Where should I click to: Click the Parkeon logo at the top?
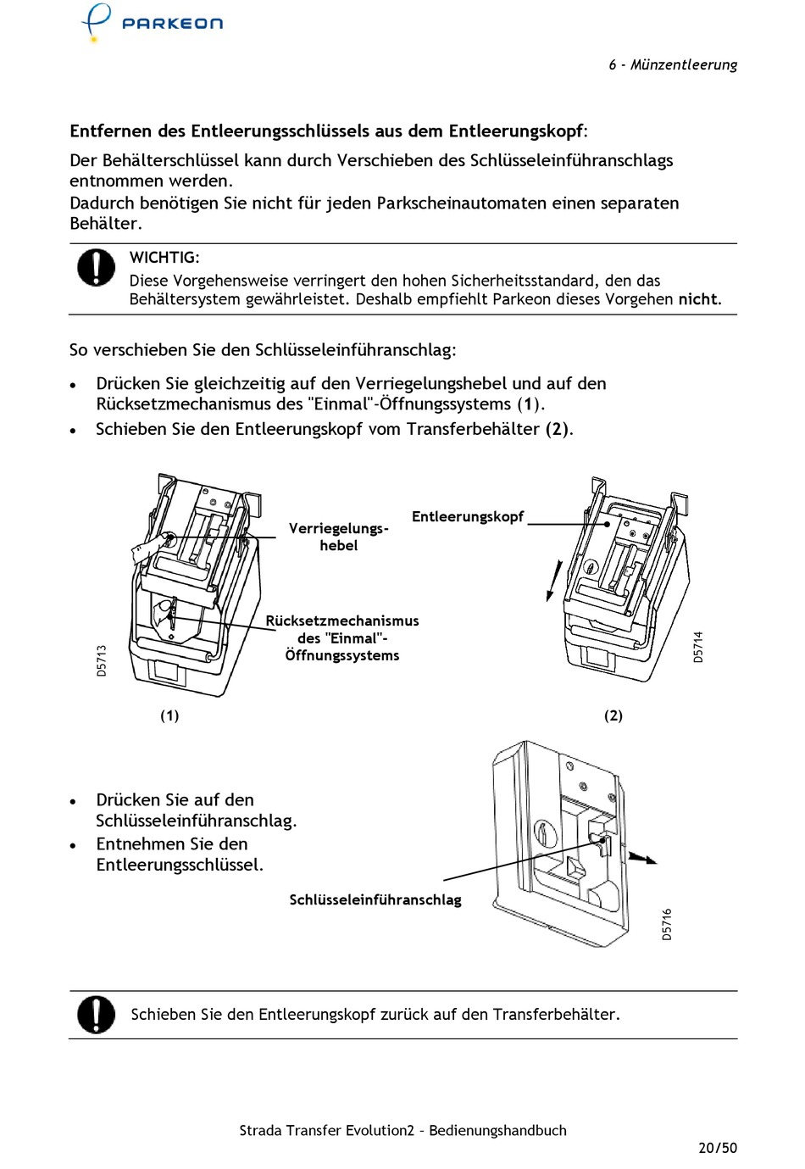pos(153,22)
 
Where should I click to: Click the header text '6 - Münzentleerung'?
pos(672,64)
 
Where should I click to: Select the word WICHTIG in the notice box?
pos(164,257)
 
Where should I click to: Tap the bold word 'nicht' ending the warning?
pos(698,299)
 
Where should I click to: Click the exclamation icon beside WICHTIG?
pos(97,267)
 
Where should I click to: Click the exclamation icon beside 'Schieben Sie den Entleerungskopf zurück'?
pos(97,1014)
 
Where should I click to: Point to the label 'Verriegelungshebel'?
pos(338,537)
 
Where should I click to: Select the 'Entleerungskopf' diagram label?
pos(467,516)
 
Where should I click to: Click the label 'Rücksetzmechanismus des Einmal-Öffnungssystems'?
pos(341,637)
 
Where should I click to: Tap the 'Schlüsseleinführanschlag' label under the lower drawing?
pos(375,899)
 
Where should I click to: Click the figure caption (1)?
pos(169,715)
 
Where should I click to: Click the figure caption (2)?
pos(613,715)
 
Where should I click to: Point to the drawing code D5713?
pos(102,660)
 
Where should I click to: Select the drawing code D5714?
pos(698,647)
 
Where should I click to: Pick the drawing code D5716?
pos(667,924)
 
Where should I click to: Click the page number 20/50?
pos(717,1148)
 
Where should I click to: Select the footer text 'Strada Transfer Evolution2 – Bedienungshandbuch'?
pos(402,1130)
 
